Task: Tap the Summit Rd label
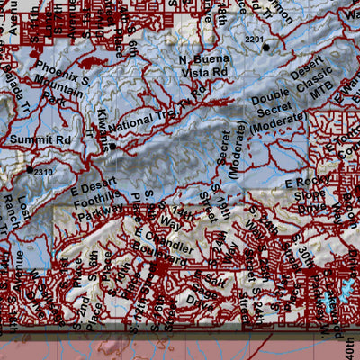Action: coord(34,140)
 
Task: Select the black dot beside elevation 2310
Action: coord(29,168)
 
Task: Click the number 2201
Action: coord(255,40)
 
